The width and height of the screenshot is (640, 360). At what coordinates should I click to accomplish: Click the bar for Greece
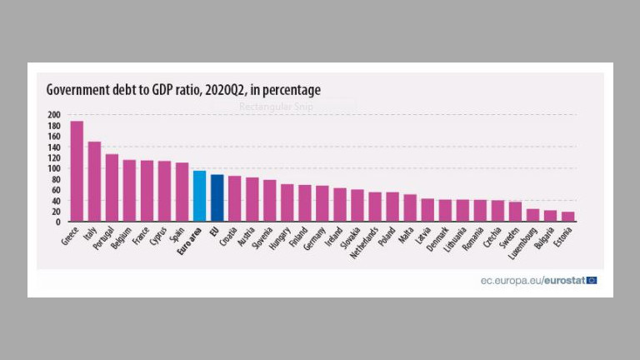[77, 172]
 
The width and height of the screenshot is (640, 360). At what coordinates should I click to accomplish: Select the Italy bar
[94, 182]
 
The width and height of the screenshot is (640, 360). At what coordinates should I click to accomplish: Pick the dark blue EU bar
[217, 198]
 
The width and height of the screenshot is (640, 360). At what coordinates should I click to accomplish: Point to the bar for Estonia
[567, 217]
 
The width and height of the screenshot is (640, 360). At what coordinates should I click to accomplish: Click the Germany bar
[322, 204]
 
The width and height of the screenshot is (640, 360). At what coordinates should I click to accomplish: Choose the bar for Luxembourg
[532, 215]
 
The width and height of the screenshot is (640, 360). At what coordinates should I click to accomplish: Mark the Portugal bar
[112, 188]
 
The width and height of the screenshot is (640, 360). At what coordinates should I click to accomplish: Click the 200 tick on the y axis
[54, 115]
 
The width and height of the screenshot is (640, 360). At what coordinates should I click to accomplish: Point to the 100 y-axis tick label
[54, 168]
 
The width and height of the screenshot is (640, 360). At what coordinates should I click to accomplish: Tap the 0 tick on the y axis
[58, 222]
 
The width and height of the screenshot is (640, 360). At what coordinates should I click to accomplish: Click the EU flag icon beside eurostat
[592, 280]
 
